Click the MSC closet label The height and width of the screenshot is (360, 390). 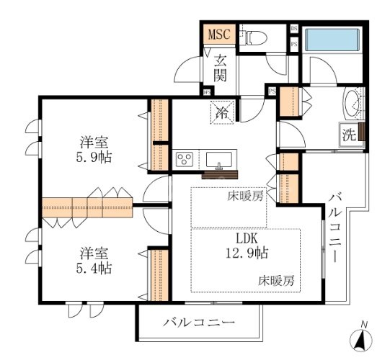click(218, 35)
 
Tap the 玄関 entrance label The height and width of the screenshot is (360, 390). click(220, 68)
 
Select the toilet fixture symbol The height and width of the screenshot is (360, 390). click(254, 38)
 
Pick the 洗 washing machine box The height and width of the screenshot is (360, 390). click(348, 133)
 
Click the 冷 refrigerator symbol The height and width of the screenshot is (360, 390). click(222, 112)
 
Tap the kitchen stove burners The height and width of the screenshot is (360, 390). click(184, 159)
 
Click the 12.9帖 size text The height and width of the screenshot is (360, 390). click(245, 253)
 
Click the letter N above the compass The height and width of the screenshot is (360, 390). click(364, 323)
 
